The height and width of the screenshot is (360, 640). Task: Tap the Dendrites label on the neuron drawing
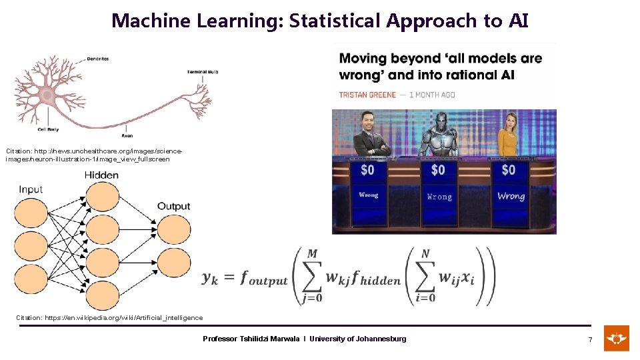97,59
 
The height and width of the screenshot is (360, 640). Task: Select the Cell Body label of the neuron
47,129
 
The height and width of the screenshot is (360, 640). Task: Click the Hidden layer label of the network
101,175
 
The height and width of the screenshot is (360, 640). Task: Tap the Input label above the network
31,189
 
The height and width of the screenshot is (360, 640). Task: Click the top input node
31,213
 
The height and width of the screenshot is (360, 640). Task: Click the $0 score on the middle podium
438,170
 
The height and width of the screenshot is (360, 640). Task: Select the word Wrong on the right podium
511,196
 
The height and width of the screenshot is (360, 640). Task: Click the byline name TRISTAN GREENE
367,95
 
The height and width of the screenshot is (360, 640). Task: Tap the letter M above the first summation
312,253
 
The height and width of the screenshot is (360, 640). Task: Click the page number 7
589,340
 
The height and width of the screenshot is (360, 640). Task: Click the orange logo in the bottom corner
617,338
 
